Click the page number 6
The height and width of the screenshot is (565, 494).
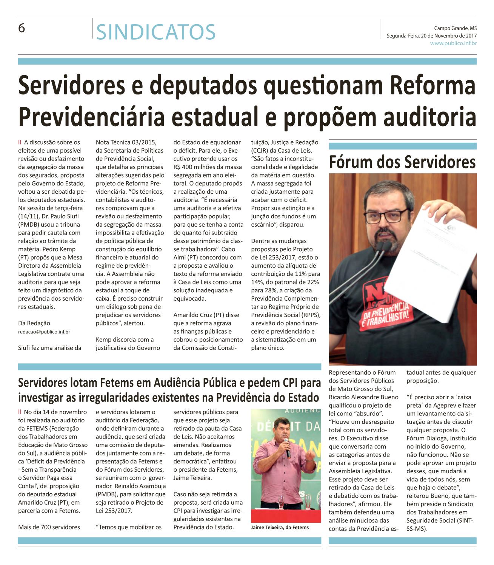(x=22, y=28)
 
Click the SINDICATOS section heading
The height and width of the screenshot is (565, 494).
(x=156, y=32)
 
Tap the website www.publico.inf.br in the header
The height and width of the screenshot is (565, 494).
(x=453, y=43)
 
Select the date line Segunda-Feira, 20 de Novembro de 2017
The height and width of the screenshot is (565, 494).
(x=432, y=36)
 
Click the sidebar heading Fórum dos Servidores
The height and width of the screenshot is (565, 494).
(x=402, y=162)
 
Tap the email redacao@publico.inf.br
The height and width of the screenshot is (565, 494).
(x=44, y=332)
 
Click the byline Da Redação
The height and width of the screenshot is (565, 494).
(x=34, y=323)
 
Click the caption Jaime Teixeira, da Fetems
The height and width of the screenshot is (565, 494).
(x=280, y=527)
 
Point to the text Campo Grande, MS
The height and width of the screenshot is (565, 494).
(x=455, y=28)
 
